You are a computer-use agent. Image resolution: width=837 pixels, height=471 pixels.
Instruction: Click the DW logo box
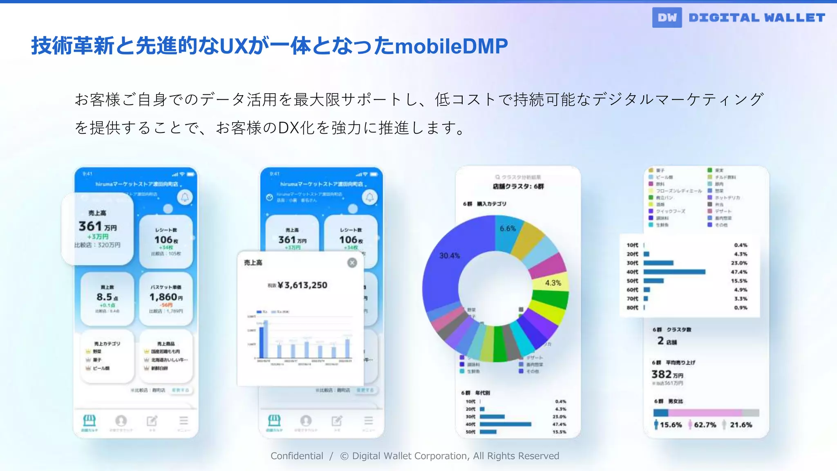667,18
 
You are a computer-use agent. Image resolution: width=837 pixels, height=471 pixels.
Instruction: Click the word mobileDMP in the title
452,46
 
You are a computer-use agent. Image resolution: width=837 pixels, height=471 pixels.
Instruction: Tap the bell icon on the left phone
185,197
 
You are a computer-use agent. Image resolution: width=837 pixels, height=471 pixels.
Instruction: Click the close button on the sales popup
352,263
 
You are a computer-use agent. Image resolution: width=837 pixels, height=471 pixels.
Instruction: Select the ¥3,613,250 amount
302,285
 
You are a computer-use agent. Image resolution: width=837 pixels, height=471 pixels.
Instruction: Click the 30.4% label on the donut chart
449,256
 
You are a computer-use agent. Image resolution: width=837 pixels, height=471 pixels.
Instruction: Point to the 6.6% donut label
508,229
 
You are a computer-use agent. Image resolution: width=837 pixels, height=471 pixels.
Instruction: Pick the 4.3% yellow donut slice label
553,283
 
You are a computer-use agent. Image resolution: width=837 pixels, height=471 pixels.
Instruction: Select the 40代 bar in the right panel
674,272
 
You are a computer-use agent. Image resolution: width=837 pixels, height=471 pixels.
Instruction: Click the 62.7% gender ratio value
705,425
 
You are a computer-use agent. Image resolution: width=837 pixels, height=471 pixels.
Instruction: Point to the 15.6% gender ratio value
671,425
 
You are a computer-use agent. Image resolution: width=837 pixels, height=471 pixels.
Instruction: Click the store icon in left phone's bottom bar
89,420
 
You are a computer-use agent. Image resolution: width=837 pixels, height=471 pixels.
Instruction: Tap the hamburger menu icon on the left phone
184,420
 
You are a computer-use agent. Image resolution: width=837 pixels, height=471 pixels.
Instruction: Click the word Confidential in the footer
297,456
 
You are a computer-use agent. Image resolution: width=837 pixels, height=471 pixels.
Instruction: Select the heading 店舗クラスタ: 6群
518,186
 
